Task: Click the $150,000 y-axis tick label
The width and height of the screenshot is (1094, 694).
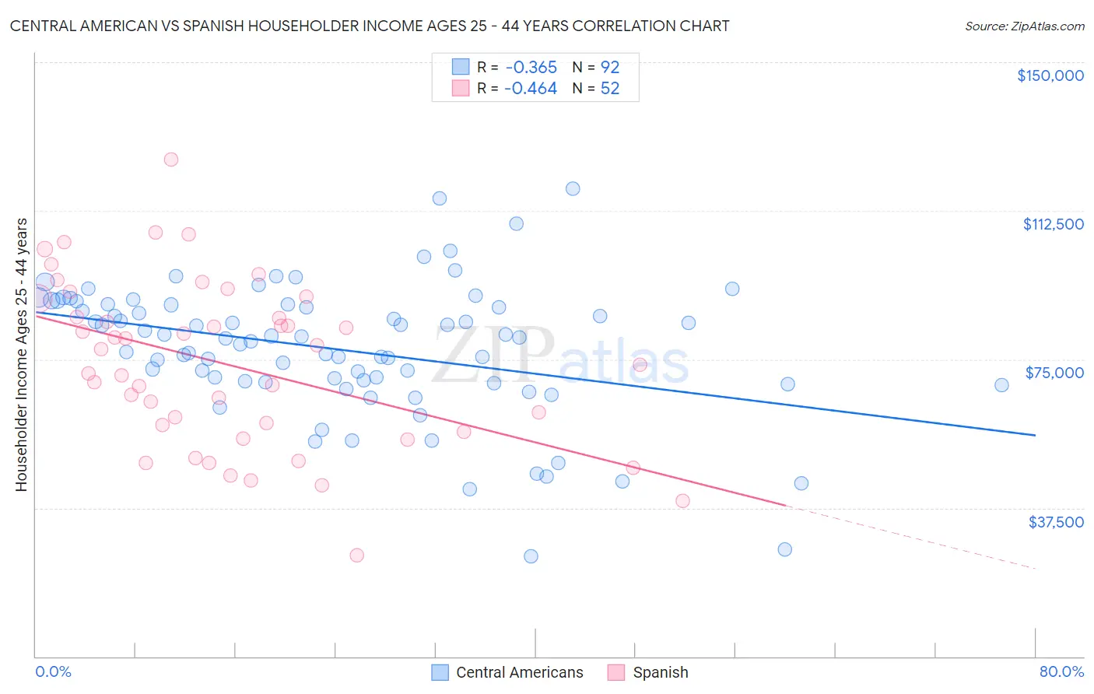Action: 1050,75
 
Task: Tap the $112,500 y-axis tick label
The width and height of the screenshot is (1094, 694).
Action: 1053,224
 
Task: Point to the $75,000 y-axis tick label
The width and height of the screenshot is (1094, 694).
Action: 1054,373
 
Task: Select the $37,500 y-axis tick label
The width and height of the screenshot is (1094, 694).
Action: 1056,522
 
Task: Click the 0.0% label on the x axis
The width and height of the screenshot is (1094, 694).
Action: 53,671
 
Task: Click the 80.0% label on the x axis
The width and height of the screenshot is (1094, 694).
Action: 1061,671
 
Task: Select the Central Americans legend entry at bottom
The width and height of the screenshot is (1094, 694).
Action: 519,672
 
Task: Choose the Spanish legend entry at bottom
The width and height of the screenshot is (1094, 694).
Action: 660,672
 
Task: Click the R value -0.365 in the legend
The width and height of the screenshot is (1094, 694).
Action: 531,68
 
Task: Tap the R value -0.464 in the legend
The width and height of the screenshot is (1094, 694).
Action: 531,89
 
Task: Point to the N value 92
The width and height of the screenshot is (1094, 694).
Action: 610,68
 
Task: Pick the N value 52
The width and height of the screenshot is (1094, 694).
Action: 610,89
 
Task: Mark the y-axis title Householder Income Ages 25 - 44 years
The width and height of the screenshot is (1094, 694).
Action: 21,354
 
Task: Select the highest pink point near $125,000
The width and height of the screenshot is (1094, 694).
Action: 171,159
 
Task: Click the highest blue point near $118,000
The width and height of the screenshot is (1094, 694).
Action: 573,188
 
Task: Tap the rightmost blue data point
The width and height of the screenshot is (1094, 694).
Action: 1001,385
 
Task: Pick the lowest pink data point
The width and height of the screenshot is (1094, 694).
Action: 356,555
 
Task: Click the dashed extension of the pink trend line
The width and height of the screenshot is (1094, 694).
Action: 910,538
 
